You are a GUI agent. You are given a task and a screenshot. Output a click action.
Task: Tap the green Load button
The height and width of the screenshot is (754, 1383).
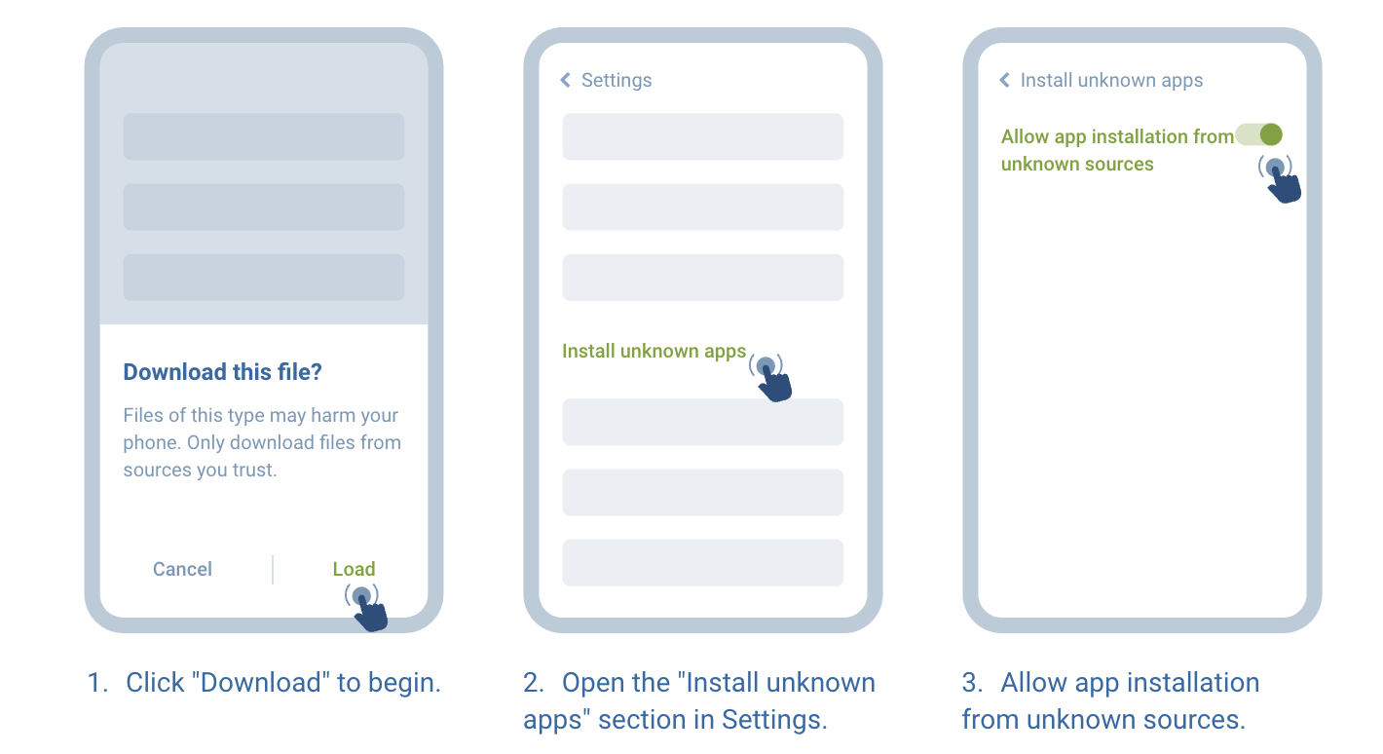point(354,570)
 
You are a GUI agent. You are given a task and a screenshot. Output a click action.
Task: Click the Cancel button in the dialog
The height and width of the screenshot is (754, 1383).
point(182,570)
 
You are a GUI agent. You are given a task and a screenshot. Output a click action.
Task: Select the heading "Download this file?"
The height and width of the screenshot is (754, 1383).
point(222,372)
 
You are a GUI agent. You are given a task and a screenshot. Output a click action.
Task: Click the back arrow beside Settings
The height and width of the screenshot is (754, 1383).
point(566,81)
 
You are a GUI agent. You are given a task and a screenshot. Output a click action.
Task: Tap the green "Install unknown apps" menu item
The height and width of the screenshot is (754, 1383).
point(654,352)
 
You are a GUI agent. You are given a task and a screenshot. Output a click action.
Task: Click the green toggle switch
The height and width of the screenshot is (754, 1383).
point(1259,135)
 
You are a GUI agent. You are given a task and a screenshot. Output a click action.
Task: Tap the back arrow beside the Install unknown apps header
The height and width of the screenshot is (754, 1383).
point(1005,81)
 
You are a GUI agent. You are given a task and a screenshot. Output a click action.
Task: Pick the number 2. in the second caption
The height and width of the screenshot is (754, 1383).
point(534,683)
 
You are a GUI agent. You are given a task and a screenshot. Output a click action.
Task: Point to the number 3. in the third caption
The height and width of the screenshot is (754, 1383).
point(972,683)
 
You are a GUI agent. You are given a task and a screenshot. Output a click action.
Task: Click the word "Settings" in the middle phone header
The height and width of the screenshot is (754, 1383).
point(617,81)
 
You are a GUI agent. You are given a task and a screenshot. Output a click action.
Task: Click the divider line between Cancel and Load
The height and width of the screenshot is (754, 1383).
point(273,570)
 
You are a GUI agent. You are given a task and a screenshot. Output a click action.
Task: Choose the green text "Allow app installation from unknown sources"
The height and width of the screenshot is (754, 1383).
point(1116,150)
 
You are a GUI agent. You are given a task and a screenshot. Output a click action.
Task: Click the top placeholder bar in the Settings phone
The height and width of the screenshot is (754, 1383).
point(702,136)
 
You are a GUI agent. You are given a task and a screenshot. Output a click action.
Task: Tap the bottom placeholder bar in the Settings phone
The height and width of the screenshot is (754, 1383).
point(702,563)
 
